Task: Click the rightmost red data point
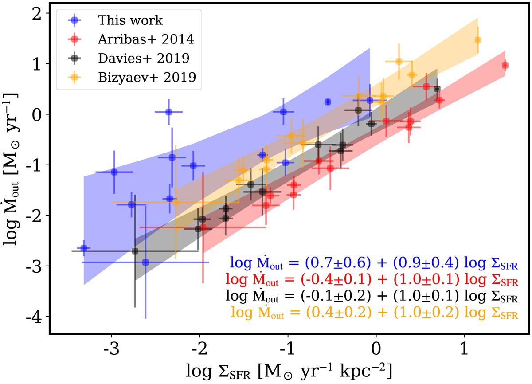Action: [505, 66]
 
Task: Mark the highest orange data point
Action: [477, 40]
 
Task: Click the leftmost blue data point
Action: [83, 248]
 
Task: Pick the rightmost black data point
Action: [437, 89]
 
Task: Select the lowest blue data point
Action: [145, 262]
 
